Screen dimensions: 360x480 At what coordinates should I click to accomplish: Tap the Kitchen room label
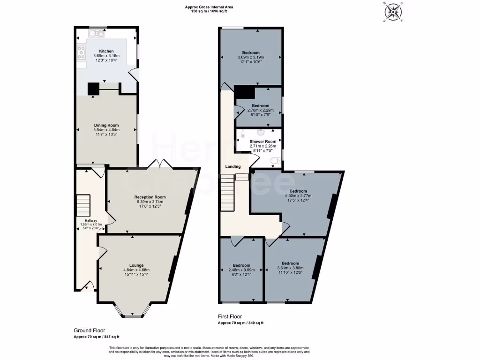click(106, 51)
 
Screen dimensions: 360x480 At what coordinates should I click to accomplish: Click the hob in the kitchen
click(82, 52)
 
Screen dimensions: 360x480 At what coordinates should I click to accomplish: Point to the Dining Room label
click(106, 125)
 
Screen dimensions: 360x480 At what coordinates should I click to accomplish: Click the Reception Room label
click(150, 197)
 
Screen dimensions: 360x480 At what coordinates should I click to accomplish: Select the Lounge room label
click(136, 265)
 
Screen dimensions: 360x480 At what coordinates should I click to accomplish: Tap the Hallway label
click(91, 220)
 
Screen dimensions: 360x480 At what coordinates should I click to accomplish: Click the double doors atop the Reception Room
click(160, 164)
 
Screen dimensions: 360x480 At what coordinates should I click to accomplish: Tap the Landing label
click(233, 166)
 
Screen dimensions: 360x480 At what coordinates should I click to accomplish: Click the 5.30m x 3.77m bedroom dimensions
click(298, 196)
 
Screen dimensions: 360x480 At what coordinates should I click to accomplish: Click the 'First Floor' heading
click(230, 317)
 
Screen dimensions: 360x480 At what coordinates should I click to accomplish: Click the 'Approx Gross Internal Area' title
click(209, 7)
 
